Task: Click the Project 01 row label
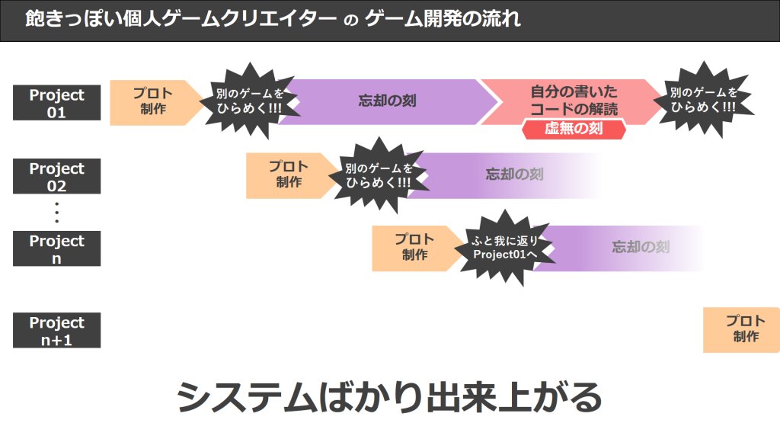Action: pos(56,103)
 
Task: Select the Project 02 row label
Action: pos(56,177)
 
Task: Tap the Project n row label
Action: pos(56,249)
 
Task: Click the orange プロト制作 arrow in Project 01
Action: pos(152,102)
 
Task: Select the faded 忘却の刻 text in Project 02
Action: pos(514,175)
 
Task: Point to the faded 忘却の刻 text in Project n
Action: pos(641,248)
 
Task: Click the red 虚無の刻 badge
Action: pos(574,128)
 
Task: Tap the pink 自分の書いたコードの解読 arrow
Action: pos(573,100)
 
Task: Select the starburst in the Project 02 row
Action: pos(377,175)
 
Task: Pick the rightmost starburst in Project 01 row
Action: pos(703,100)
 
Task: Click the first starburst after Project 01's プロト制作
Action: pos(248,100)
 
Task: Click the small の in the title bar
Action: pos(350,21)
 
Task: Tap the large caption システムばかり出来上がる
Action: pos(389,397)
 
